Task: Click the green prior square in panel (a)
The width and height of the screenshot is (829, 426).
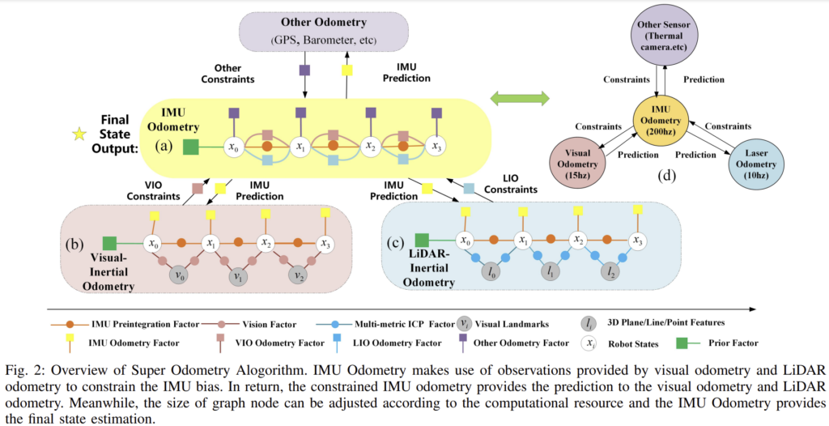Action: point(191,147)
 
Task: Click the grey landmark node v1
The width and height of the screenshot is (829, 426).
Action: point(237,275)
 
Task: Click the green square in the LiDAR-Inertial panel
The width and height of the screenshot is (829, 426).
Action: point(421,240)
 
